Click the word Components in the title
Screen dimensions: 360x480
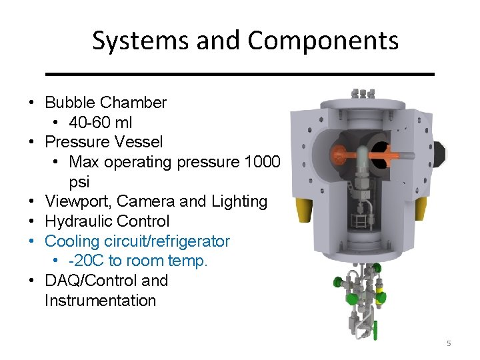(323, 41)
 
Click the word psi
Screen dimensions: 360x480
(79, 182)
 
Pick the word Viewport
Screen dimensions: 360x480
(76, 201)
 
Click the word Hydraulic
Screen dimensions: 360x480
(79, 221)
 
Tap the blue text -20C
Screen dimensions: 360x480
(86, 261)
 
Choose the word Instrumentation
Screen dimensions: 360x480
(100, 301)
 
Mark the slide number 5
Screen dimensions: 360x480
(449, 343)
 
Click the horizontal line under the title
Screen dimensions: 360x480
(245, 73)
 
